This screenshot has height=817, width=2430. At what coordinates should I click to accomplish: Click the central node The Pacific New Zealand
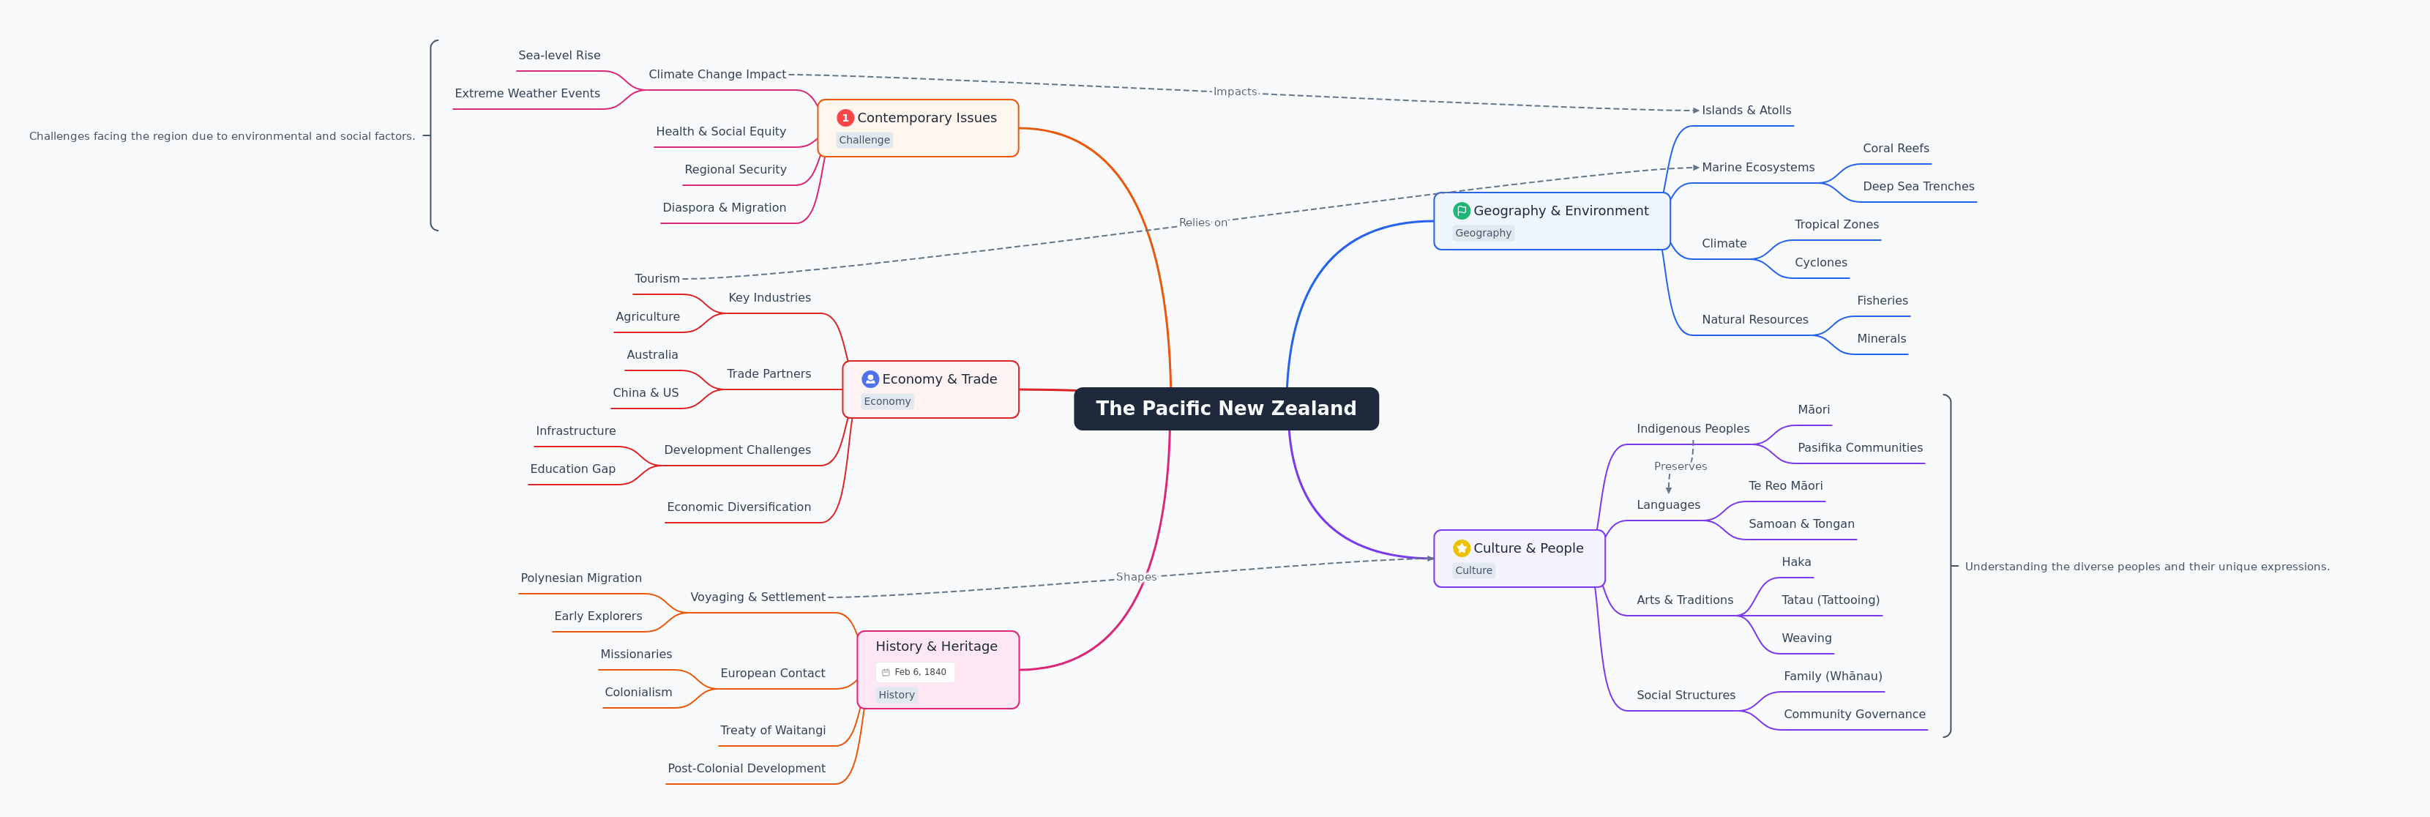pyautogui.click(x=1225, y=409)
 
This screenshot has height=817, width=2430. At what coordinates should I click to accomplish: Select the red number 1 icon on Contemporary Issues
pyautogui.click(x=845, y=118)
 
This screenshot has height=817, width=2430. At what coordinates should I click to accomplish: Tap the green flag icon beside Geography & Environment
pyautogui.click(x=1461, y=210)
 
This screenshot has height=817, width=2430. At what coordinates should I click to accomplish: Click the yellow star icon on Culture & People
pyautogui.click(x=1461, y=548)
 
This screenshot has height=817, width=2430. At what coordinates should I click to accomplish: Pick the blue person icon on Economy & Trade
pyautogui.click(x=870, y=379)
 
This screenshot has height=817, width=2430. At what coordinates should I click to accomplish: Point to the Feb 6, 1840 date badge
pyautogui.click(x=915, y=672)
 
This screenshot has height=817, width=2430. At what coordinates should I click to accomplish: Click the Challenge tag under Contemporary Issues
pyautogui.click(x=864, y=140)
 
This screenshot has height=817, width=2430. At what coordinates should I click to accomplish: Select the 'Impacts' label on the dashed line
pyautogui.click(x=1235, y=92)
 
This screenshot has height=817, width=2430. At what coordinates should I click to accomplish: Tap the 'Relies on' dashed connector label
pyautogui.click(x=1203, y=223)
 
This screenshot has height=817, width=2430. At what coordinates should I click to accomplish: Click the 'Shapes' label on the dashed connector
pyautogui.click(x=1136, y=576)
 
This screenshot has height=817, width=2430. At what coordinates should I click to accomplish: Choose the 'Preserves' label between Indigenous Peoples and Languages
pyautogui.click(x=1680, y=466)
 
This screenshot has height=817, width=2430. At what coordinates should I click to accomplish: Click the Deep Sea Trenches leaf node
pyautogui.click(x=1918, y=187)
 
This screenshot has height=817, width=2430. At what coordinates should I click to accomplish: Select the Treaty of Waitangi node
pyautogui.click(x=773, y=730)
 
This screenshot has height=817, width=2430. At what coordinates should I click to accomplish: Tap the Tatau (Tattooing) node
pyautogui.click(x=1830, y=600)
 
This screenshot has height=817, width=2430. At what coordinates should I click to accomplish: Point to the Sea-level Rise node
pyautogui.click(x=558, y=56)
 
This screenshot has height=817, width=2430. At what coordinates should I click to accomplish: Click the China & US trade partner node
pyautogui.click(x=646, y=393)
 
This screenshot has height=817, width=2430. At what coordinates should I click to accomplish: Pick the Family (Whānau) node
pyautogui.click(x=1832, y=676)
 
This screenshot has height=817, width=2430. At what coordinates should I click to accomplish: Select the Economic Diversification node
pyautogui.click(x=739, y=507)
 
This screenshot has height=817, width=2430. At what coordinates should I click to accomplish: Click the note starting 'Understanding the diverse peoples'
pyautogui.click(x=2146, y=567)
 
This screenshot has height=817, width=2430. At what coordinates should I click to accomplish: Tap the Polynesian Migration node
pyautogui.click(x=581, y=578)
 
